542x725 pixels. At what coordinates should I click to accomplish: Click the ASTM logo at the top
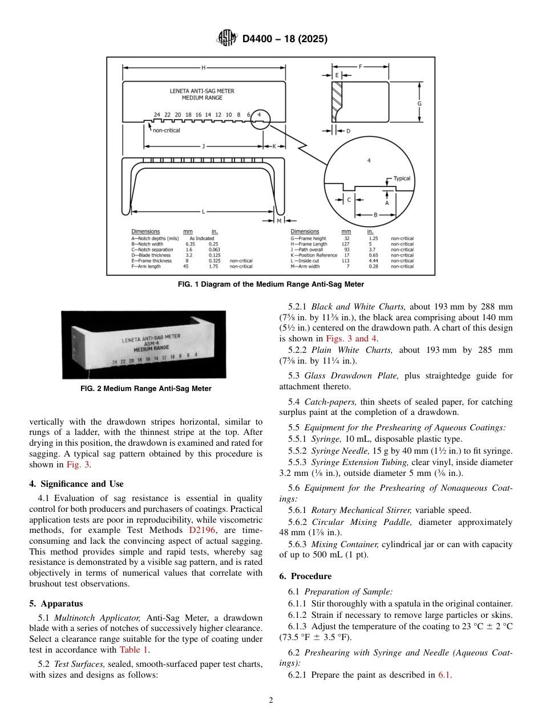coord(227,39)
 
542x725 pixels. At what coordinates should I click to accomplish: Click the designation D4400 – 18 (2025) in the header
coord(285,39)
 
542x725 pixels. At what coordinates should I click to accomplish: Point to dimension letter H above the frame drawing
coord(203,68)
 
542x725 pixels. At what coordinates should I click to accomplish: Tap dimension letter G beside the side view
coord(419,104)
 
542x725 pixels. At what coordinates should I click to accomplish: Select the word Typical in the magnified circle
coord(402,178)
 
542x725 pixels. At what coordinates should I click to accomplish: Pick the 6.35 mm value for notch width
coord(190,244)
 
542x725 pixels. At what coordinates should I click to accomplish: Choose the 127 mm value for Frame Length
coord(346,244)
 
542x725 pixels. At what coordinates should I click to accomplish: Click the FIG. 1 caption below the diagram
coord(270,284)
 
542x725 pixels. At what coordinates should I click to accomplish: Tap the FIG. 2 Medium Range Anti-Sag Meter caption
coord(146,389)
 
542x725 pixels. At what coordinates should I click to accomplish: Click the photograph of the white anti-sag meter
coord(143,344)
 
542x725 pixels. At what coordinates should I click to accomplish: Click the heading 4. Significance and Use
coord(76,484)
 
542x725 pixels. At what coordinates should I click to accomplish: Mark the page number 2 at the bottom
coord(271,700)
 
